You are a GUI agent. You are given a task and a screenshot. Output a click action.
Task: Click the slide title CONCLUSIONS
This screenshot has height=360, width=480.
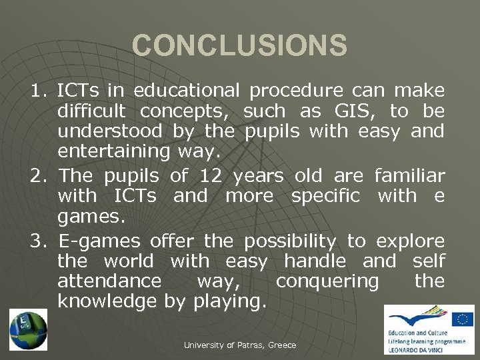tap(239, 46)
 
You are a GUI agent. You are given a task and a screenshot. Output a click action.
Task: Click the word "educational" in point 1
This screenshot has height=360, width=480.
tap(185, 90)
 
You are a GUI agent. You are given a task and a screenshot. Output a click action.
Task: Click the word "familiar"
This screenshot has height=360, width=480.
tap(409, 176)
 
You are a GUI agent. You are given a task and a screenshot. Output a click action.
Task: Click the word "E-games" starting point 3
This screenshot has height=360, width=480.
tap(99, 240)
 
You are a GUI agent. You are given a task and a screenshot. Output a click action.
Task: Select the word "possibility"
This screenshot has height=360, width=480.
tap(290, 240)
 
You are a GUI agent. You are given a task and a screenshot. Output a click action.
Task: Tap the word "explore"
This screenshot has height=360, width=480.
tap(410, 240)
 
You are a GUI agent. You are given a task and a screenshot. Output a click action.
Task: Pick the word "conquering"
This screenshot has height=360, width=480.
tap(327, 281)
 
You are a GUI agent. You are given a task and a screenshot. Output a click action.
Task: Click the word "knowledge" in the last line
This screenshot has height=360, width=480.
tap(108, 301)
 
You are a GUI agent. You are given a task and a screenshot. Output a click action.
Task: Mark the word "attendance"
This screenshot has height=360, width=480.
tap(109, 281)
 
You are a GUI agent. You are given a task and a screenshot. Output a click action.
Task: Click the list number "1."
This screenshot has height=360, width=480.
tap(40, 90)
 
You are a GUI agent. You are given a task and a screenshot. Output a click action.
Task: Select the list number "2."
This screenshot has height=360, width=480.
tap(40, 176)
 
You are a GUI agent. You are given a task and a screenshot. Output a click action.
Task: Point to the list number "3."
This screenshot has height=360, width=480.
tap(40, 240)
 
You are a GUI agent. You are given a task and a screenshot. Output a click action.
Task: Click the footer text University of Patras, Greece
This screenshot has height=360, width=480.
tap(239, 345)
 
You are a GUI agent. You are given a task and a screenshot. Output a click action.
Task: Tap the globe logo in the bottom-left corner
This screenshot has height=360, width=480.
tap(28, 329)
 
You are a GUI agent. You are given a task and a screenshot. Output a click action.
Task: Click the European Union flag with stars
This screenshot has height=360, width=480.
tap(462, 320)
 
